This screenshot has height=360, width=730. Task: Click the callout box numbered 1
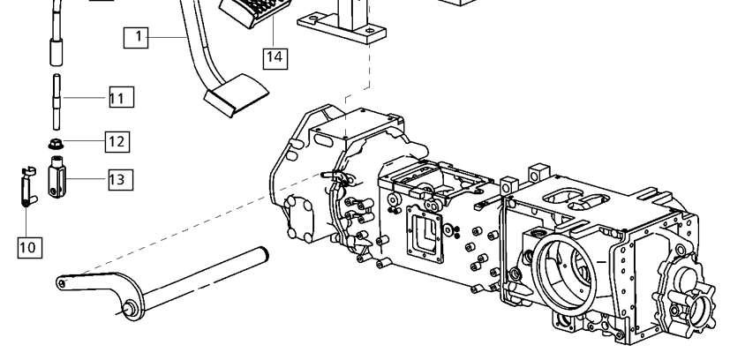pos(136,38)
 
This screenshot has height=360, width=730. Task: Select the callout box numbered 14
pos(275,57)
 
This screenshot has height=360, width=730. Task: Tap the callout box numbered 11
pos(122,97)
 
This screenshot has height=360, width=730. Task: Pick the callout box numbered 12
pos(117,142)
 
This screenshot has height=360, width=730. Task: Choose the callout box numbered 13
pos(121,179)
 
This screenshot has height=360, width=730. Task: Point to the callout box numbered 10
pos(30,247)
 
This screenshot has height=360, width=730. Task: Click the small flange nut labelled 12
pos(56,144)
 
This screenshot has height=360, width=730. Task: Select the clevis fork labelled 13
pos(56,177)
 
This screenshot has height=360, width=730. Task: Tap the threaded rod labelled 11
pos(56,101)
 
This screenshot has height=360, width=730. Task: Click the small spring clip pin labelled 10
pos(27,187)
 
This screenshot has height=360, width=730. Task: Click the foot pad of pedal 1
pos(236,95)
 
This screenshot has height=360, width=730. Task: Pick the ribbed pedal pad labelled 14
pos(255,12)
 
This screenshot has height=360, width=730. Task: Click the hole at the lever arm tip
pos(62,282)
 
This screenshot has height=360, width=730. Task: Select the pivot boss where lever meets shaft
pos(131,308)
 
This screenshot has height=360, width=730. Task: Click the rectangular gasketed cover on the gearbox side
pos(424,234)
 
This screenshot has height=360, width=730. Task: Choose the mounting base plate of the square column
pos(342,28)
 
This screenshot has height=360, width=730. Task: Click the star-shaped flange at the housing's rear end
pos(684,293)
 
